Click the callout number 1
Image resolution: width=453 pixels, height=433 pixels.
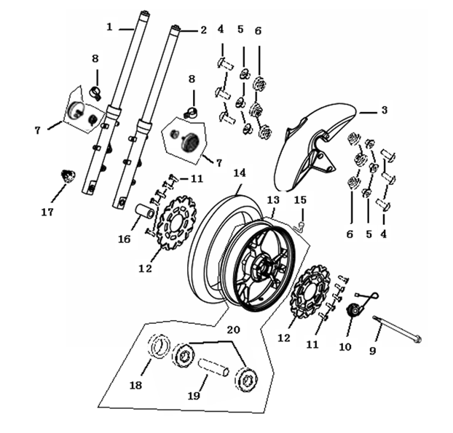click(x=109, y=27)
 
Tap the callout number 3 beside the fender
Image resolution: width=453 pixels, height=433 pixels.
click(x=384, y=111)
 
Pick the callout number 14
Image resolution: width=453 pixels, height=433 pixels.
click(x=240, y=172)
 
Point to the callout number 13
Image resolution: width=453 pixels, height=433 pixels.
click(x=273, y=199)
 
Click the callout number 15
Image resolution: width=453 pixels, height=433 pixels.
click(x=300, y=199)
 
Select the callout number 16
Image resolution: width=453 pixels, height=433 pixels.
click(x=124, y=239)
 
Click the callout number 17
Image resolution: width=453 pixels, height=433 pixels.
click(x=47, y=212)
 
